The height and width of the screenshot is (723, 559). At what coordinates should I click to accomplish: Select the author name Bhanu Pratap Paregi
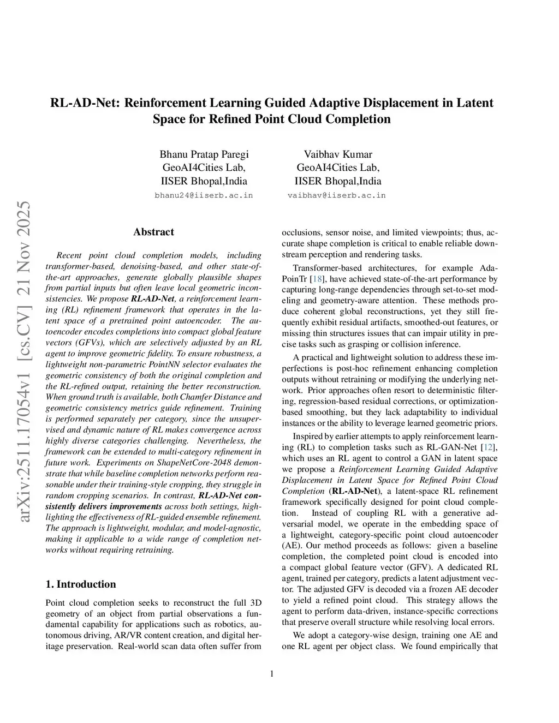(x=204, y=154)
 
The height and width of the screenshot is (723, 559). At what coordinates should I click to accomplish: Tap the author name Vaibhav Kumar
(x=338, y=154)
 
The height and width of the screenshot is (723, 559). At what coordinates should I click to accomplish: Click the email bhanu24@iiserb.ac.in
(x=204, y=195)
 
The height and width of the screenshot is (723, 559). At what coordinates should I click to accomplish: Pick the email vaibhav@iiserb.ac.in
(x=337, y=195)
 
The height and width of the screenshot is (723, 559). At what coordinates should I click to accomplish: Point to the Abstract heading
(x=153, y=232)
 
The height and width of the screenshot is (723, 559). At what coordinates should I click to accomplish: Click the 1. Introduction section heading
(x=81, y=584)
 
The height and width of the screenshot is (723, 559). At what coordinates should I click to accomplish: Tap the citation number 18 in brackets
(x=317, y=279)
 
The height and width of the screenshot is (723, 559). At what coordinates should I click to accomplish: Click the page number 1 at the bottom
(x=272, y=674)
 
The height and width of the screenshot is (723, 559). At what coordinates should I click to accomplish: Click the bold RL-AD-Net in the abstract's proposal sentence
(x=152, y=299)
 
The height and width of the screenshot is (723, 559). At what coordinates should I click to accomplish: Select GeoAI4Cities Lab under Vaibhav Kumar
(x=338, y=168)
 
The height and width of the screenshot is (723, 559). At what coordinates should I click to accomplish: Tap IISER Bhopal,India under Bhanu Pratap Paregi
(x=204, y=181)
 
